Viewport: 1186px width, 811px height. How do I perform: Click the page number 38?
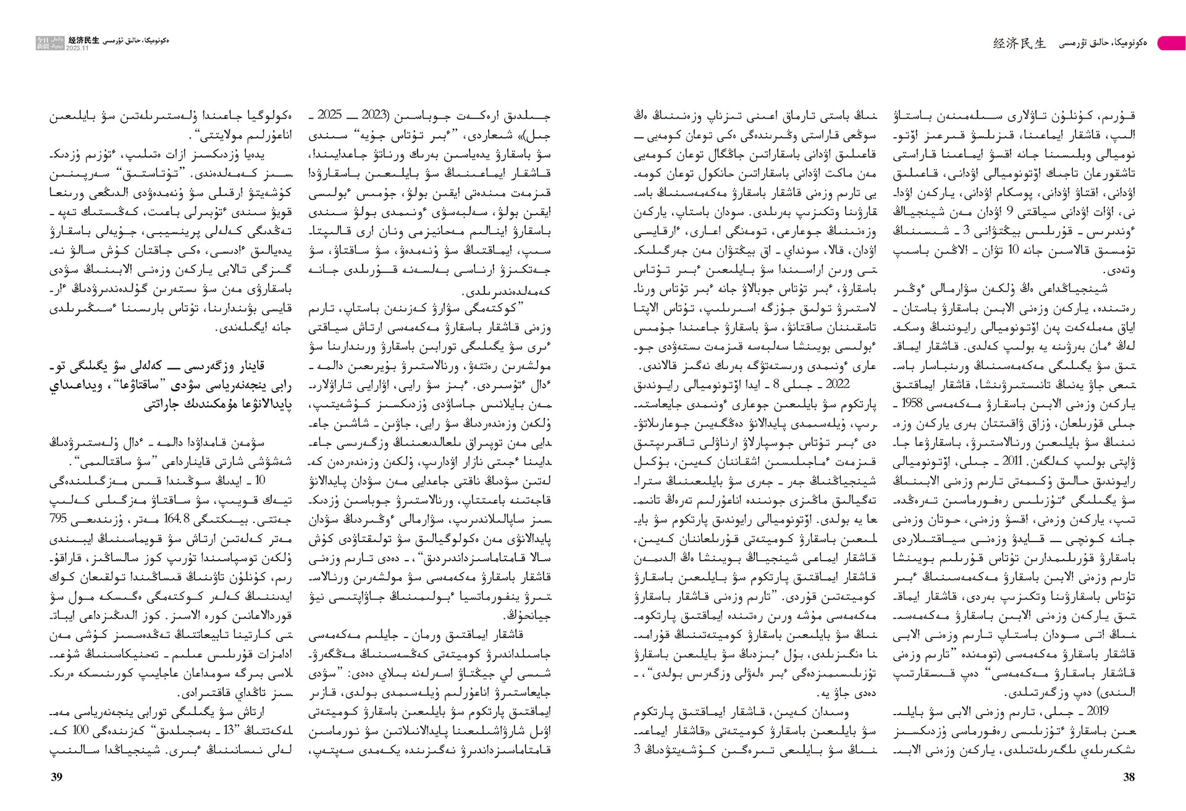(x=1129, y=777)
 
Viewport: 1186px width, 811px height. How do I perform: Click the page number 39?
(x=56, y=777)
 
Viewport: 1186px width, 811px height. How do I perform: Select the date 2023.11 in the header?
(x=77, y=48)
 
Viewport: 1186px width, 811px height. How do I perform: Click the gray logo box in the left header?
(x=49, y=43)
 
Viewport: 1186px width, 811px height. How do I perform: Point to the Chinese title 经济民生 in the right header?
(x=1019, y=43)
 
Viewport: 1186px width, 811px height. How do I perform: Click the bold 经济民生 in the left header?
(x=84, y=40)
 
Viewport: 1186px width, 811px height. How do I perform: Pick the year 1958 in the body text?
(x=912, y=404)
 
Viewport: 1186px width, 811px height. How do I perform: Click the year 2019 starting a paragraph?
(x=1098, y=711)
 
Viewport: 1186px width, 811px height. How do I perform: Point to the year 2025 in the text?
(x=329, y=115)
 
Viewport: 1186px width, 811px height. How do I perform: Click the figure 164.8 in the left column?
(x=178, y=519)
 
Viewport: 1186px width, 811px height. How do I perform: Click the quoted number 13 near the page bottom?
(x=229, y=730)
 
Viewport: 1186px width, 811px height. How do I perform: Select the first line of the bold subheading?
(x=170, y=366)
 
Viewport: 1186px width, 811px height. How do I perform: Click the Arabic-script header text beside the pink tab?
(x=1103, y=43)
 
